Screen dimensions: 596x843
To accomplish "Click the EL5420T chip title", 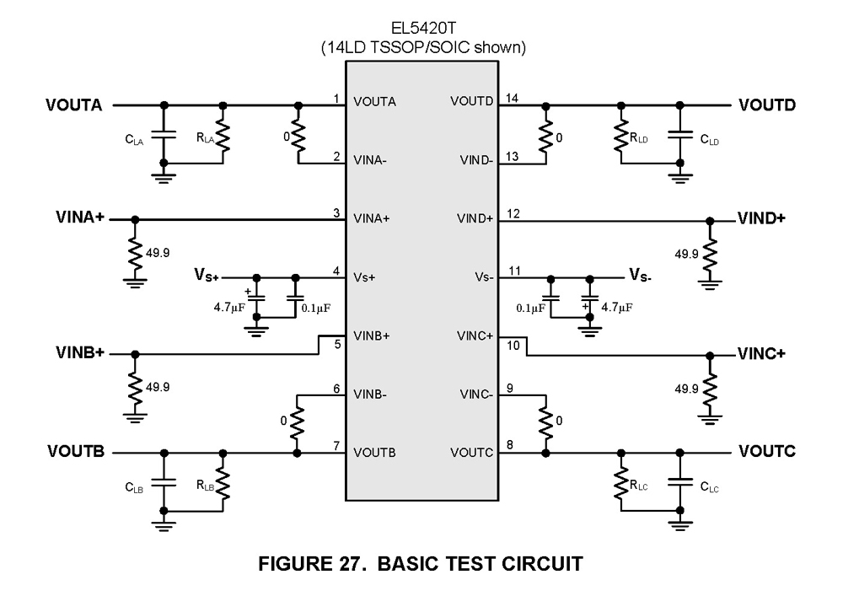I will coord(422,28).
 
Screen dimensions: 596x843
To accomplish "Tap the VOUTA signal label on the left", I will coord(74,105).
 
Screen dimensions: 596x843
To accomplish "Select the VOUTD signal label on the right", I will coord(767,105).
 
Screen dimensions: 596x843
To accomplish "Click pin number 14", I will coord(511,99).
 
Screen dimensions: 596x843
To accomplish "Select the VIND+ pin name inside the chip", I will coord(475,218).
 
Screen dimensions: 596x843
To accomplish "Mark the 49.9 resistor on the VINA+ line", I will coord(134,250).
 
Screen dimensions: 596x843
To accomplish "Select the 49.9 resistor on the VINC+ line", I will coord(710,387).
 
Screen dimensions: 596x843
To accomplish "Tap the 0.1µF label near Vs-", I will coord(530,309).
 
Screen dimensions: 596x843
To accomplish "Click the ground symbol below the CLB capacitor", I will coord(164,526).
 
